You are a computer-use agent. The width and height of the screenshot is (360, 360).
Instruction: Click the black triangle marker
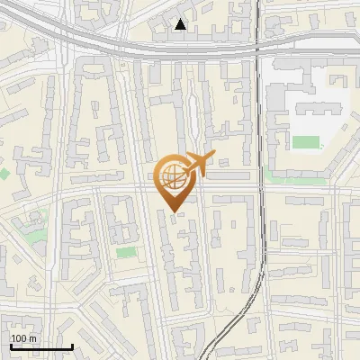[181, 24]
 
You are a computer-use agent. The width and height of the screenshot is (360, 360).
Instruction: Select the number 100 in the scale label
[19, 337]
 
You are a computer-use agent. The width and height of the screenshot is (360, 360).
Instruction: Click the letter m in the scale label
[32, 337]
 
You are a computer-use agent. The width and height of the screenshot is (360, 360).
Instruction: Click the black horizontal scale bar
[40, 346]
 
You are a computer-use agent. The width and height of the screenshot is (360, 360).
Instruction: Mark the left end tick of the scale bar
[10, 345]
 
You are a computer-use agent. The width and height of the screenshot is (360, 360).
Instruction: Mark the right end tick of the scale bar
[72, 345]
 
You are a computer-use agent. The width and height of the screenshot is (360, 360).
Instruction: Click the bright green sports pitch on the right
[306, 142]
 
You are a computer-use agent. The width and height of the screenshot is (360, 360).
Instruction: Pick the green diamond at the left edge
[4, 172]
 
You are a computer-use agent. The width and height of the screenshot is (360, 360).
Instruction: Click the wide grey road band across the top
[135, 46]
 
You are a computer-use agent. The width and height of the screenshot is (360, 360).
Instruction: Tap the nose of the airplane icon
[214, 156]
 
